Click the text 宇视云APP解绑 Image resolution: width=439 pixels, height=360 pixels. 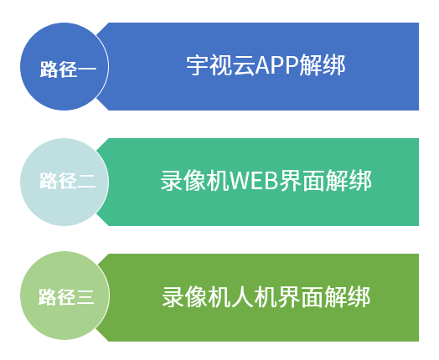pyautogui.click(x=266, y=65)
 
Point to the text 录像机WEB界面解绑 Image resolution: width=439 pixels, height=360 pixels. pyautogui.click(x=266, y=181)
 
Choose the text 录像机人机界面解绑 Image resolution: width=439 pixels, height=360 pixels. pyautogui.click(x=266, y=297)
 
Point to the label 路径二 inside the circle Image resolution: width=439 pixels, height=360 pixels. pyautogui.click(x=68, y=182)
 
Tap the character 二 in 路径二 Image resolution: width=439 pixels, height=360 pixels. pyautogui.click(x=86, y=182)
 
